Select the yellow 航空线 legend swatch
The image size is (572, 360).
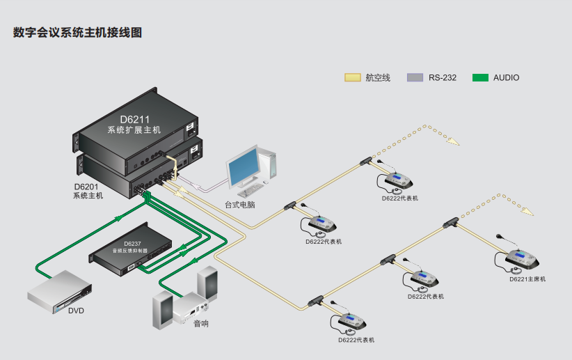[x=352, y=77]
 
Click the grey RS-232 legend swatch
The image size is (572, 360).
[x=415, y=77]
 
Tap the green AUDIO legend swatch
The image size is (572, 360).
[x=480, y=77]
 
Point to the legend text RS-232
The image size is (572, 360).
[x=443, y=78]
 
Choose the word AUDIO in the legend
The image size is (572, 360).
[x=506, y=78]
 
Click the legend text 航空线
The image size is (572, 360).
[x=378, y=78]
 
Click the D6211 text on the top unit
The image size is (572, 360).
[x=134, y=119]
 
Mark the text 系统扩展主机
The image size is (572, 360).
[x=134, y=130]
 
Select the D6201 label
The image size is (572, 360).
[x=88, y=187]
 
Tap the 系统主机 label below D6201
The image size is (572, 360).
[x=88, y=196]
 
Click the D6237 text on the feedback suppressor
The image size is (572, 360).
[x=132, y=244]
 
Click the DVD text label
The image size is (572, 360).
[x=76, y=311]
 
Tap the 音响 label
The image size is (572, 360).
[x=201, y=323]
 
